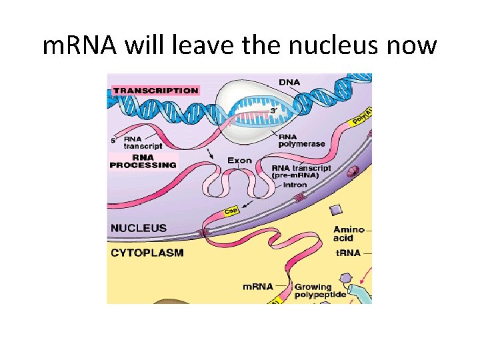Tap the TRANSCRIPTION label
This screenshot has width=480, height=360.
pyautogui.click(x=156, y=90)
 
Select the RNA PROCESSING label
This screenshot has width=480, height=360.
pyautogui.click(x=143, y=161)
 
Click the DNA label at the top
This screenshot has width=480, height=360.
pyautogui.click(x=289, y=82)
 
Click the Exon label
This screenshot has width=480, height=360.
pyautogui.click(x=240, y=160)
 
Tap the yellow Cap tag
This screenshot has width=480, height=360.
pyautogui.click(x=231, y=211)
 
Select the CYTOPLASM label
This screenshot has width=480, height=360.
pyautogui.click(x=147, y=253)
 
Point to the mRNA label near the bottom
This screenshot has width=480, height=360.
pyautogui.click(x=257, y=286)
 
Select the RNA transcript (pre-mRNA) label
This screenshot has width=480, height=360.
pyautogui.click(x=301, y=172)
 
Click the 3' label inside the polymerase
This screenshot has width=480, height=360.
pyautogui.click(x=273, y=110)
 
